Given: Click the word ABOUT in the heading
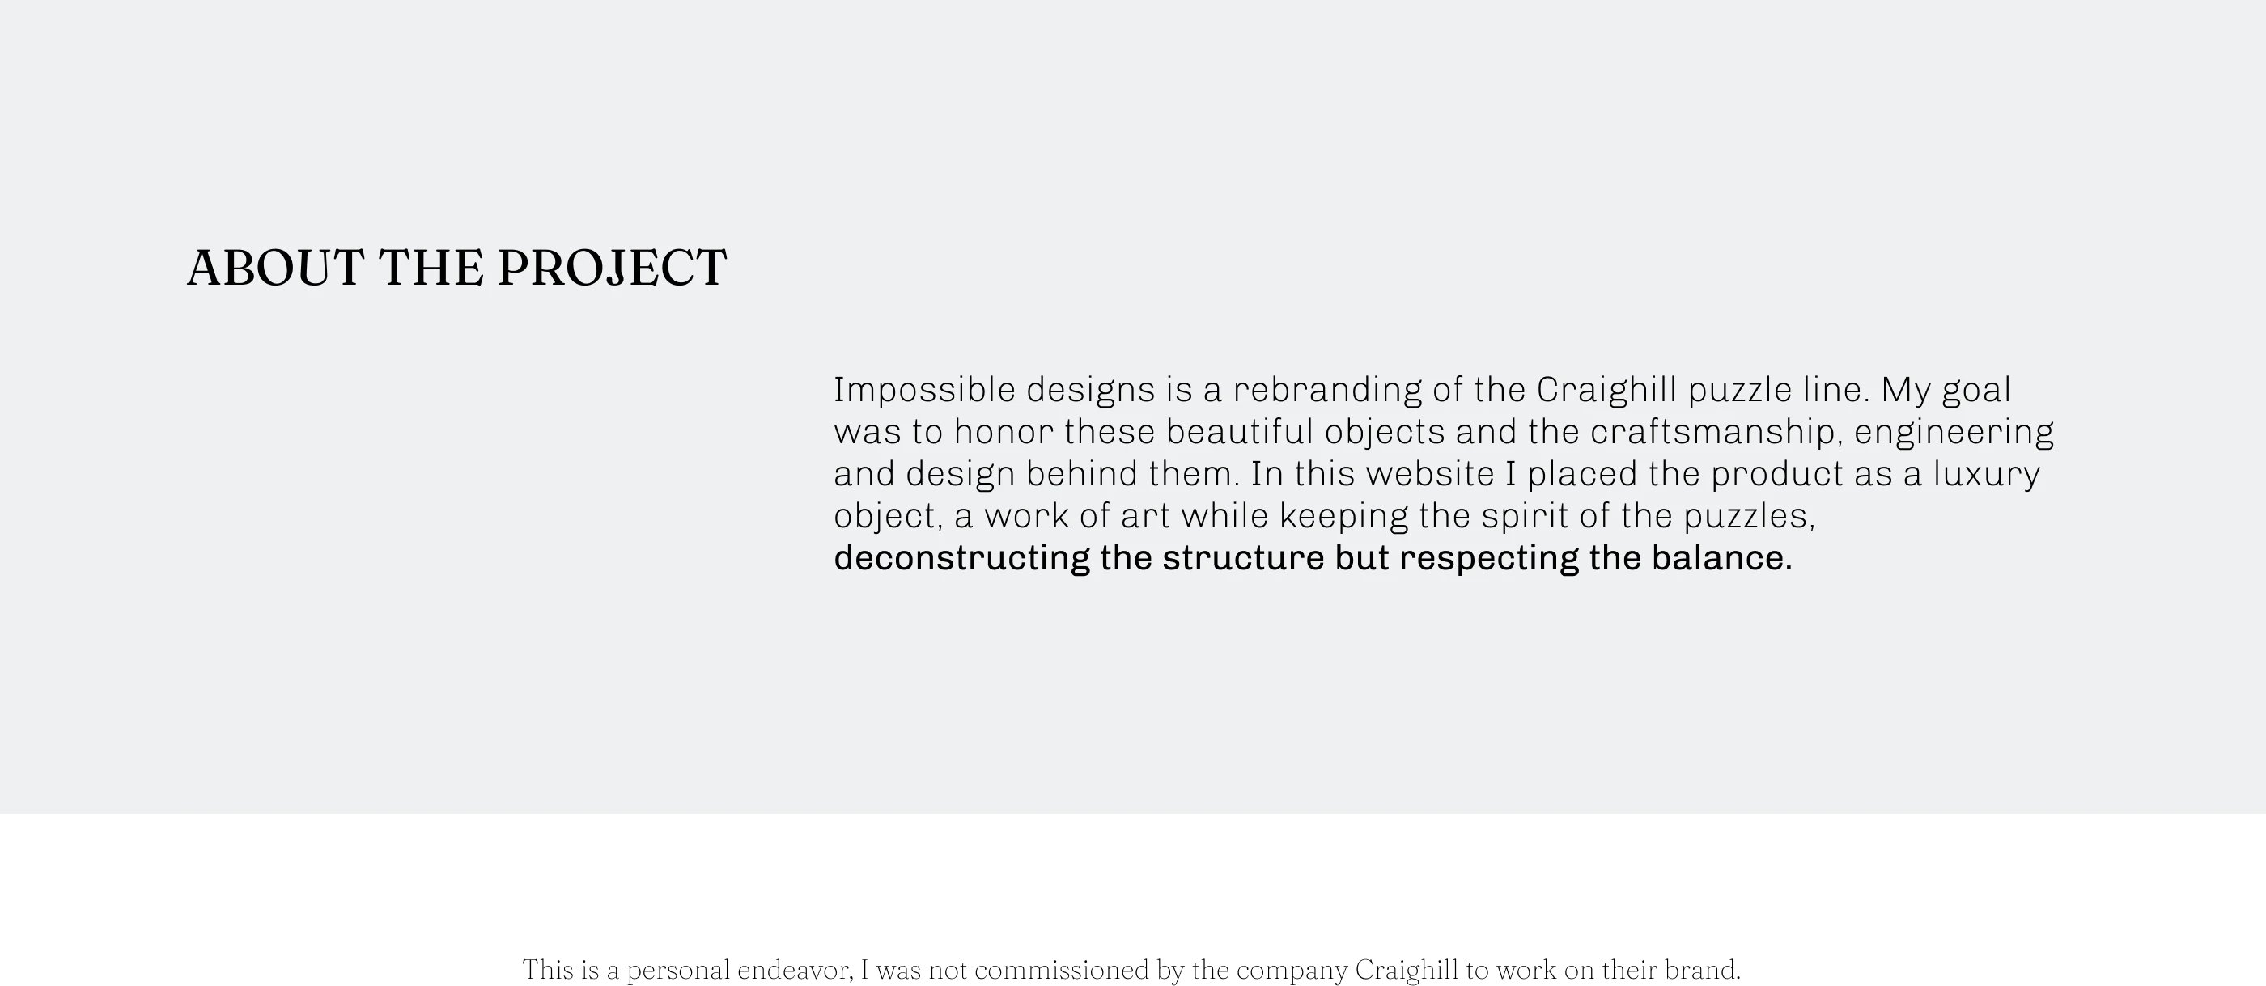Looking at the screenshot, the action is pyautogui.click(x=275, y=268).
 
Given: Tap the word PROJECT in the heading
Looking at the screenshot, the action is pyautogui.click(x=613, y=268).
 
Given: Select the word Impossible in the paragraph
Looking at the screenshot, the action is pyautogui.click(x=924, y=390).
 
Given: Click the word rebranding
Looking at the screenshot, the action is pyautogui.click(x=1327, y=390).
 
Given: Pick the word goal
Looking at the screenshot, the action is pyautogui.click(x=1975, y=390).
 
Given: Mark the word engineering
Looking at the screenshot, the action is pyautogui.click(x=1954, y=432).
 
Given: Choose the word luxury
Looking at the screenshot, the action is pyautogui.click(x=1985, y=474).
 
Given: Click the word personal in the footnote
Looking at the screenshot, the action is pyautogui.click(x=678, y=970).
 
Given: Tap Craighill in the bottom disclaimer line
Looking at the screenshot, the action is pyautogui.click(x=1407, y=970).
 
